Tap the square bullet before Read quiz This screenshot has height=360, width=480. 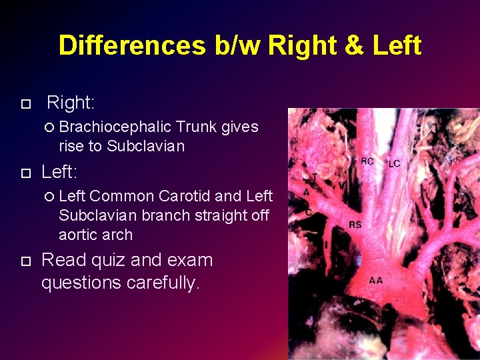[x=26, y=260]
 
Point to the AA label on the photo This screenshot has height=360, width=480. [x=376, y=280]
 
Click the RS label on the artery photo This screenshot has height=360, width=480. [x=355, y=225]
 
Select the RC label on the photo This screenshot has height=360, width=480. [x=367, y=161]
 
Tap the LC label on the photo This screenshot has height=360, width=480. [x=394, y=164]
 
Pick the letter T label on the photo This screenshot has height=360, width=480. [x=315, y=177]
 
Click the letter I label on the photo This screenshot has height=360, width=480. [x=326, y=245]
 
